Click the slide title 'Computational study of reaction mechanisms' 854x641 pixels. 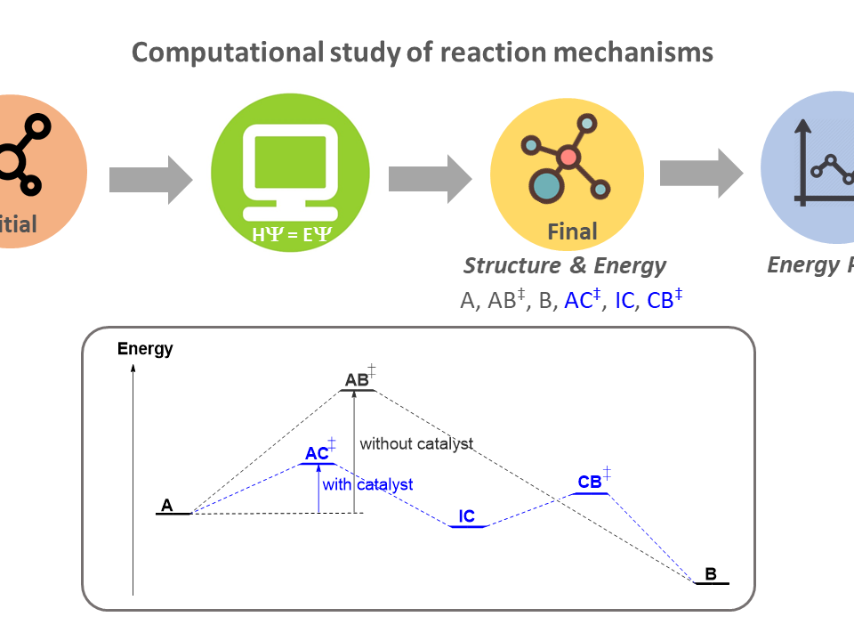pyautogui.click(x=422, y=53)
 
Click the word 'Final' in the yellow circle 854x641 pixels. pyautogui.click(x=572, y=233)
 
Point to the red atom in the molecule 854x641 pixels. pyautogui.click(x=568, y=158)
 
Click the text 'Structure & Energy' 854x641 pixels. pyautogui.click(x=564, y=265)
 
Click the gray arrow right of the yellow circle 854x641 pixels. pyautogui.click(x=701, y=173)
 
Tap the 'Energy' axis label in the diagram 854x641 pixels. pyautogui.click(x=145, y=349)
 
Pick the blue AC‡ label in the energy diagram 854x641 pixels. pyautogui.click(x=318, y=453)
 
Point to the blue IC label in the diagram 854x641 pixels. pyautogui.click(x=467, y=516)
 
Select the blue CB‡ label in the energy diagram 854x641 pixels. pyautogui.click(x=591, y=483)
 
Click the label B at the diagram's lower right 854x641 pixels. pyautogui.click(x=711, y=574)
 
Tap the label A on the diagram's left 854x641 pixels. pyautogui.click(x=166, y=506)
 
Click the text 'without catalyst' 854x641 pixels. pyautogui.click(x=415, y=443)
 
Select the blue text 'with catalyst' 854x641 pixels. pyautogui.click(x=367, y=485)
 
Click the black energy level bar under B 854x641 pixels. pyautogui.click(x=712, y=583)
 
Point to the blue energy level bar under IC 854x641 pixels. pyautogui.click(x=468, y=526)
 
